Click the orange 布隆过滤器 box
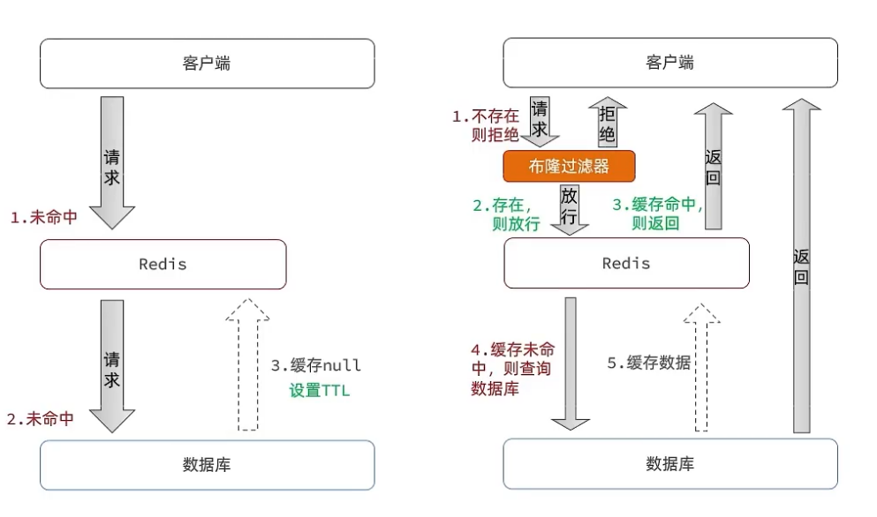569,166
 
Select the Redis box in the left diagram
163,264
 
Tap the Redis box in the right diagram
626,263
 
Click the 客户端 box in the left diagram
207,64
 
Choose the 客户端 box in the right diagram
669,63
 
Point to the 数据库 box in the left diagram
207,465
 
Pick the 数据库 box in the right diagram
669,464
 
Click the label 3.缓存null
315,365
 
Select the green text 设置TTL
319,390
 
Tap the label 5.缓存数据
648,363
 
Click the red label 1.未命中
43,217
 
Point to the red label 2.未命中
40,419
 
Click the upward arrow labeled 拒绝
607,122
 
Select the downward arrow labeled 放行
570,208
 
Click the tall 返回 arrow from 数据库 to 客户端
801,265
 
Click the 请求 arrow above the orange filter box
540,122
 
